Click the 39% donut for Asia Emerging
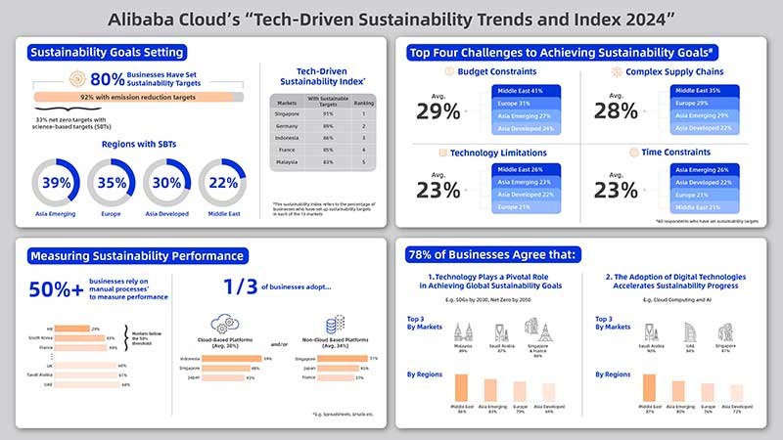click(58, 183)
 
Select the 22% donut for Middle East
click(224, 183)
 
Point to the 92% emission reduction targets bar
click(137, 98)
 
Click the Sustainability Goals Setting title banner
click(107, 52)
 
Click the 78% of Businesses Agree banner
click(493, 256)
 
